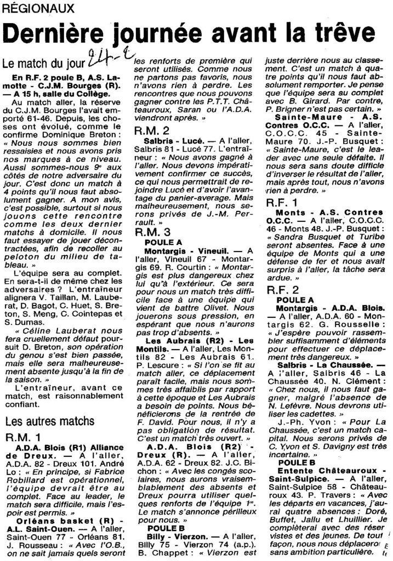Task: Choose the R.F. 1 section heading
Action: tap(282, 203)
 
